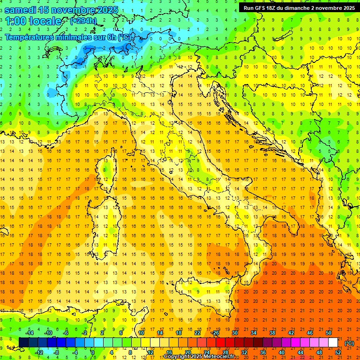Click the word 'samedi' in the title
click(22, 10)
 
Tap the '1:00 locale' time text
click(33, 21)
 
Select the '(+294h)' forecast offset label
click(83, 21)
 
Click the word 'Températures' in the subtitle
click(33, 37)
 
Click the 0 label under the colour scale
click(92, 352)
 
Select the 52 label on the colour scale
click(338, 352)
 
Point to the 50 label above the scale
click(328, 333)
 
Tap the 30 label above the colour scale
click(234, 333)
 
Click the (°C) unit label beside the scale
click(349, 343)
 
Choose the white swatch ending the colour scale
click(333, 343)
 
